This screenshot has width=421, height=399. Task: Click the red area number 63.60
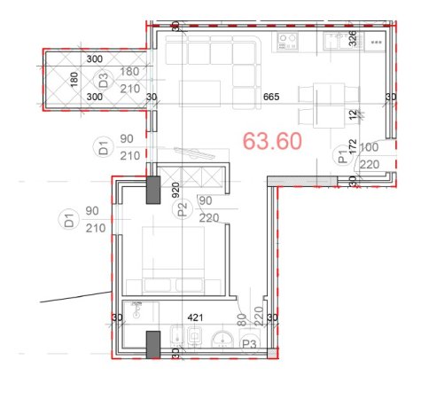[273, 141]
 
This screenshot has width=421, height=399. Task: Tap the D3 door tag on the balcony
[104, 80]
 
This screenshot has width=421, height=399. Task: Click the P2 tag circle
[183, 209]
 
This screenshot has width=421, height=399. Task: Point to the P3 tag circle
[250, 344]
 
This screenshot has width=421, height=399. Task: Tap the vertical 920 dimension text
[176, 190]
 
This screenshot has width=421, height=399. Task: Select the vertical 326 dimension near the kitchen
[353, 38]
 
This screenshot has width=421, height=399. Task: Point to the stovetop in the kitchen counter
[287, 40]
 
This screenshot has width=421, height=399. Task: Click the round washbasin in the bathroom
[222, 337]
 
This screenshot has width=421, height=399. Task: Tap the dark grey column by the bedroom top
[153, 189]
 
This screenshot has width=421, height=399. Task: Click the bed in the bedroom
[176, 257]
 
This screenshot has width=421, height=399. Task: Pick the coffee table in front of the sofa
[200, 93]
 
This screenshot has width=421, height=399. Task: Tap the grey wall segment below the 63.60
[304, 180]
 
